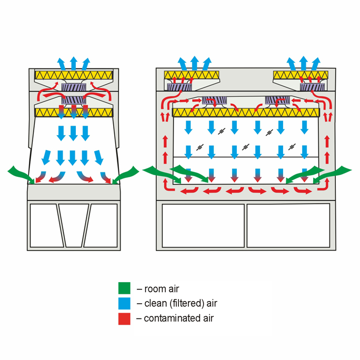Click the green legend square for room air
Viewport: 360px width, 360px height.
pyautogui.click(x=124, y=288)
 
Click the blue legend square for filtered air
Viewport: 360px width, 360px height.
pyautogui.click(x=124, y=303)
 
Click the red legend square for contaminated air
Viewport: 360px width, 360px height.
pyautogui.click(x=124, y=318)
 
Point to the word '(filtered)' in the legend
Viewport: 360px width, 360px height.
pyautogui.click(x=187, y=303)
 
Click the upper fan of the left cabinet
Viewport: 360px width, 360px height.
pyautogui.click(x=74, y=87)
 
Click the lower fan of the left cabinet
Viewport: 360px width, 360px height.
pyautogui.click(x=74, y=101)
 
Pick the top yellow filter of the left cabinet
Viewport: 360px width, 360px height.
pyautogui.click(x=74, y=75)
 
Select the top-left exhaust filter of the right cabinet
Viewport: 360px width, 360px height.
pyautogui.click(x=192, y=75)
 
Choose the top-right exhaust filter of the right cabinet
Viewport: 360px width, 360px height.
pyautogui.click(x=301, y=75)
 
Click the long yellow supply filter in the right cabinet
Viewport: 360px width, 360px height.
pyautogui.click(x=246, y=113)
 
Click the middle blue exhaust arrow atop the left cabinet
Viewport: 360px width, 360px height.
pyautogui.click(x=74, y=63)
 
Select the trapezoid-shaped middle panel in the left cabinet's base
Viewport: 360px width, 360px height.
pyautogui.click(x=74, y=225)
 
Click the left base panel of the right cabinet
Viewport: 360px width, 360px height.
pyautogui.click(x=203, y=226)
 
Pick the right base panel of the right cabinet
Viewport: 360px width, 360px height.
pyautogui.click(x=288, y=226)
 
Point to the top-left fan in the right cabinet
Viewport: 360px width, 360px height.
pyautogui.click(x=179, y=87)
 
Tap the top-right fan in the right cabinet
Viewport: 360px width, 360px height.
pyautogui.click(x=312, y=87)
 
